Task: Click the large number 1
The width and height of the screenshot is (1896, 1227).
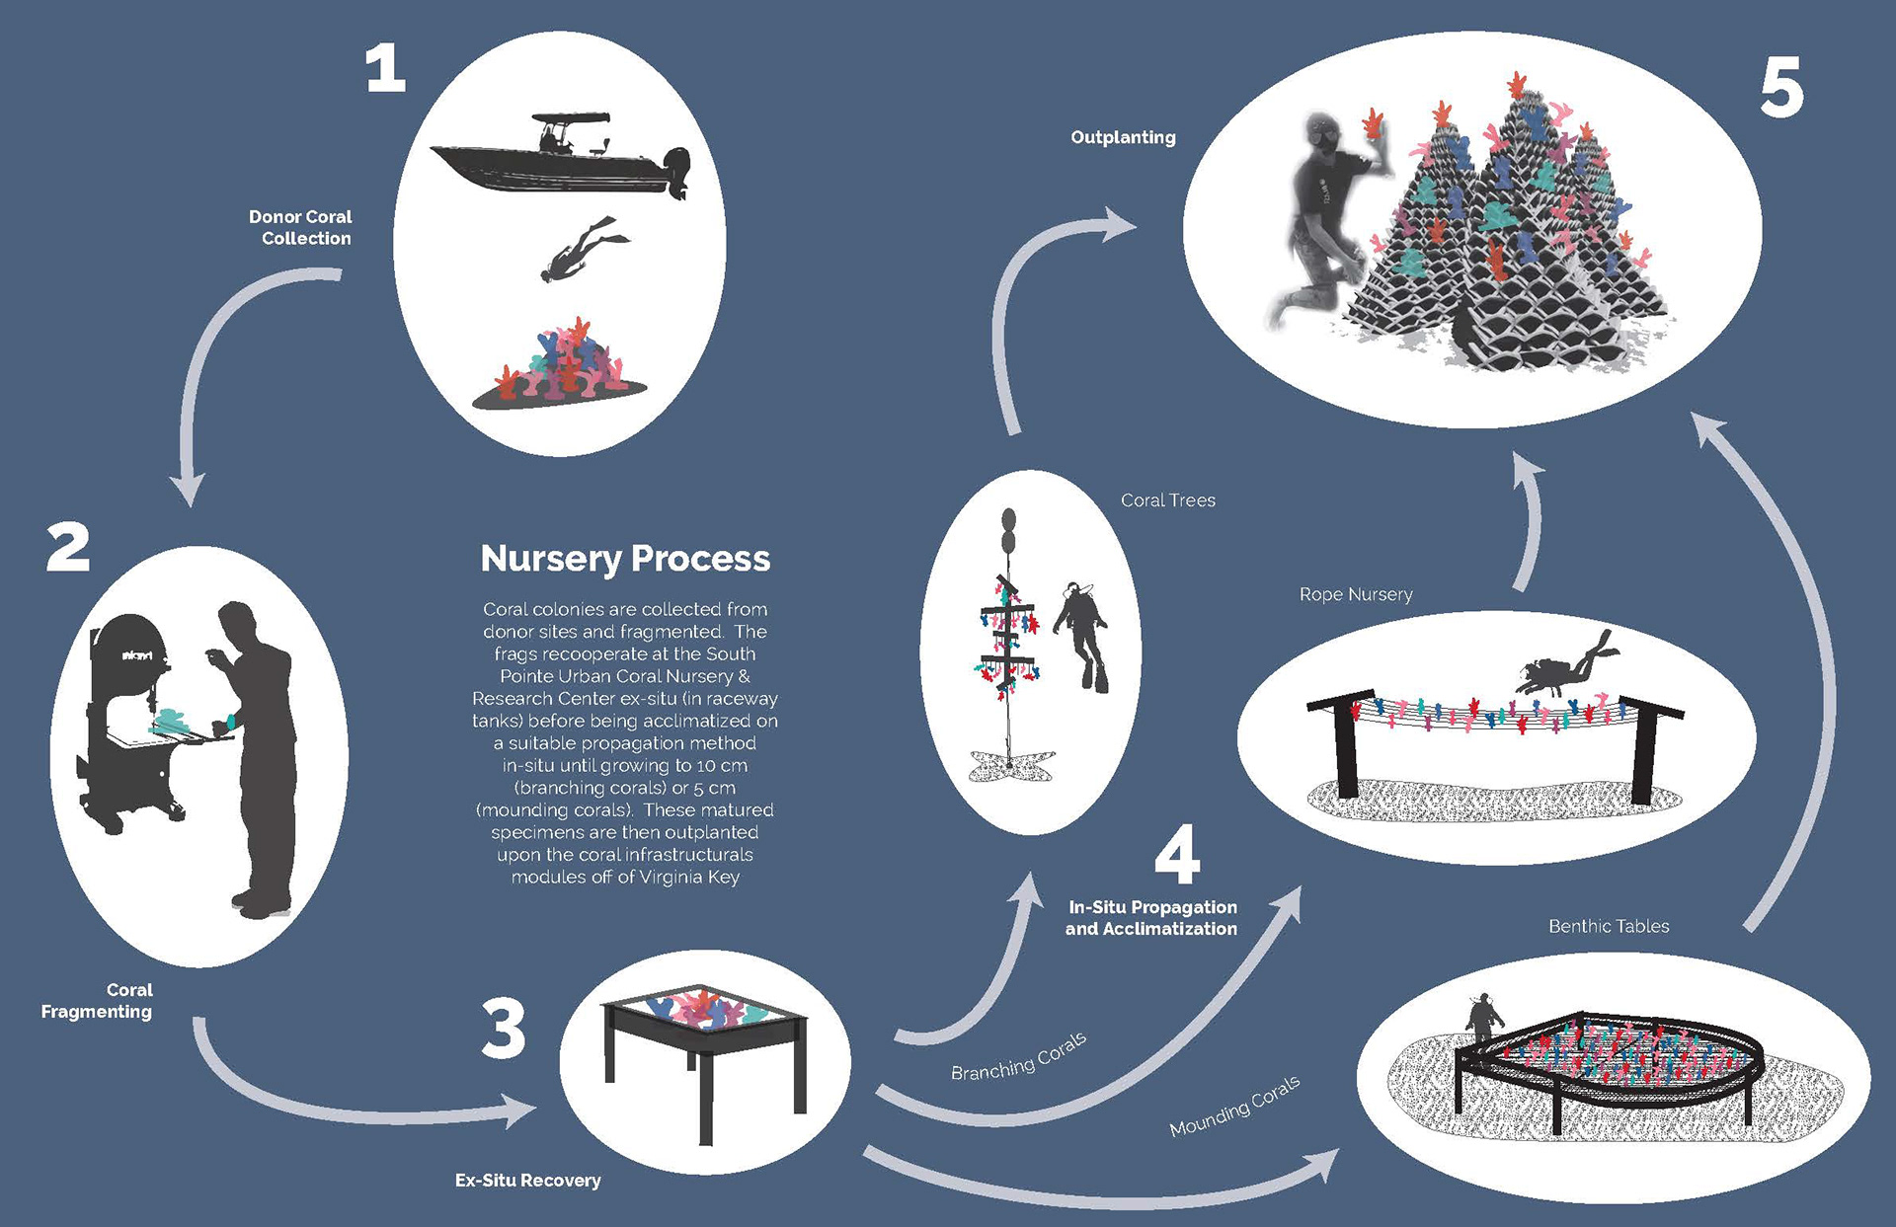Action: [x=386, y=69]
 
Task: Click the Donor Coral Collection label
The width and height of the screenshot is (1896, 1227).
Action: [x=301, y=227]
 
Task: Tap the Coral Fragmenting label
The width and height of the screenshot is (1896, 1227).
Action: [x=99, y=1000]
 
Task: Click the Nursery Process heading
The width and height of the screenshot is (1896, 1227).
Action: [x=625, y=559]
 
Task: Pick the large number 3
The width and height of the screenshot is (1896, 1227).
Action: [x=504, y=1029]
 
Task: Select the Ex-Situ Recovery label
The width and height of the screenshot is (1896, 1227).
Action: [x=527, y=1181]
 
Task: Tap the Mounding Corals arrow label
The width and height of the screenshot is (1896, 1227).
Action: [x=1234, y=1106]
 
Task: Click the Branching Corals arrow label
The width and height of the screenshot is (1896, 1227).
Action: [x=1018, y=1056]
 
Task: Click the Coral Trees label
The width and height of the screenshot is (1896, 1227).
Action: [x=1167, y=500]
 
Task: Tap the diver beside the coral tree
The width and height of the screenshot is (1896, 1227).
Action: [x=1083, y=637]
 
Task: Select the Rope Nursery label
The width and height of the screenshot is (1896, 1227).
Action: [x=1356, y=594]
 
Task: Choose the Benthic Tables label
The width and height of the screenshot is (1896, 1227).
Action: [x=1609, y=926]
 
